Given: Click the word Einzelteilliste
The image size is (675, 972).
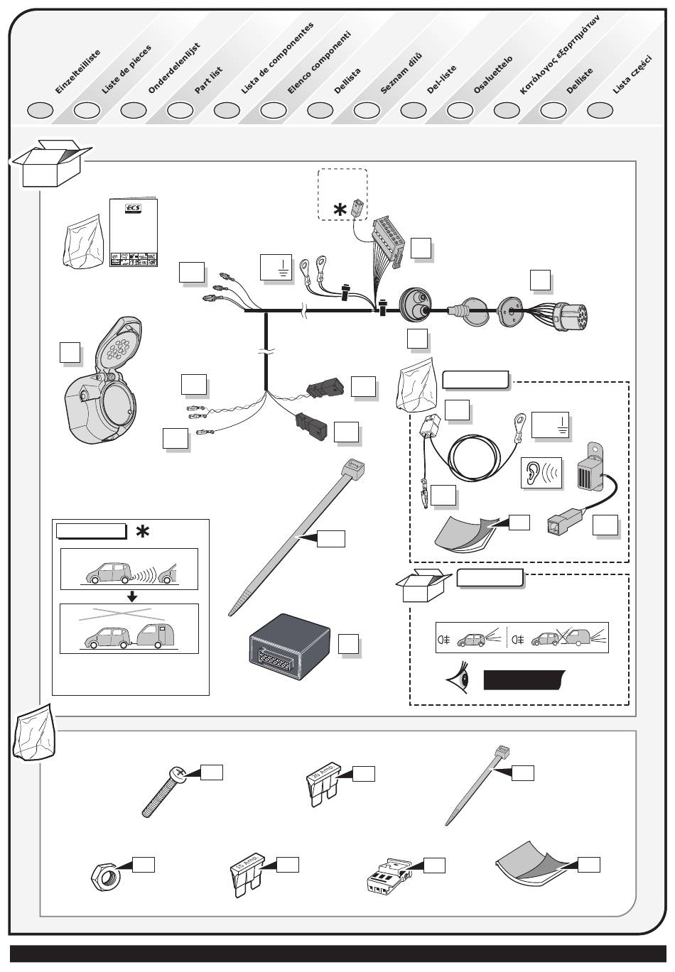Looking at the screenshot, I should click(77, 72).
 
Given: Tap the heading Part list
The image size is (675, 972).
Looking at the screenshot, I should click(209, 80).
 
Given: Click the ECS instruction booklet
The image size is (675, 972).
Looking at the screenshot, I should click(134, 233).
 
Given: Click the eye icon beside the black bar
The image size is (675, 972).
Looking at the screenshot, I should click(458, 680).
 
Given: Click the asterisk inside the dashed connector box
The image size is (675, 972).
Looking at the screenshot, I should click(342, 210).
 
